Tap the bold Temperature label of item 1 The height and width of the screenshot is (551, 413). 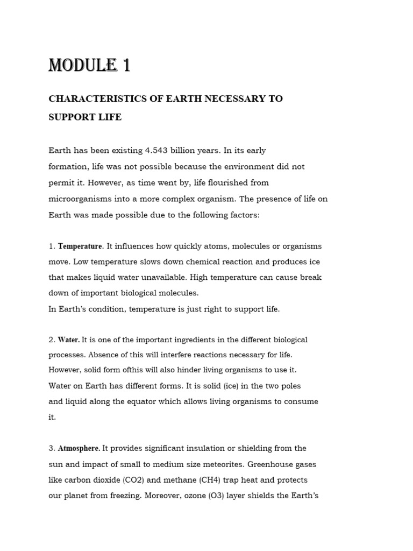click(x=80, y=246)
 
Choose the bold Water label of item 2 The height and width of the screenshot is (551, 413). click(x=69, y=340)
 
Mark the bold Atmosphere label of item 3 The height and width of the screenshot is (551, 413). click(x=79, y=448)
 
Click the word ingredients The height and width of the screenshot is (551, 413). click(x=207, y=340)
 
